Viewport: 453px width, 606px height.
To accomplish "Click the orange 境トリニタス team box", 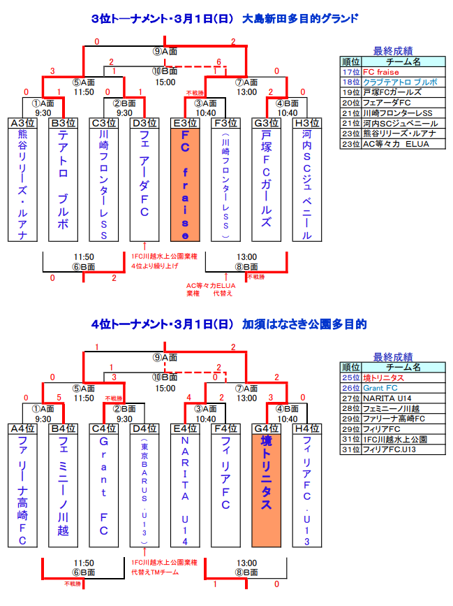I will (266, 489).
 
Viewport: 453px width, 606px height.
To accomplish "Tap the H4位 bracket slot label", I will (306, 428).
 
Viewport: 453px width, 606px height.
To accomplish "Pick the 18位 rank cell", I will (349, 82).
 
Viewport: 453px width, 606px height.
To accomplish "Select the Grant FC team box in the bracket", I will (103, 489).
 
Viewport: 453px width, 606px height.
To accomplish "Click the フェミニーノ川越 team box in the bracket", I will (63, 489).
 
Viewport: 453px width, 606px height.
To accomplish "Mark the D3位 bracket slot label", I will (144, 123).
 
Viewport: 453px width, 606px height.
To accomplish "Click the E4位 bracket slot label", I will (185, 428).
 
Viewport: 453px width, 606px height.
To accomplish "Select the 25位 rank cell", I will (349, 378).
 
